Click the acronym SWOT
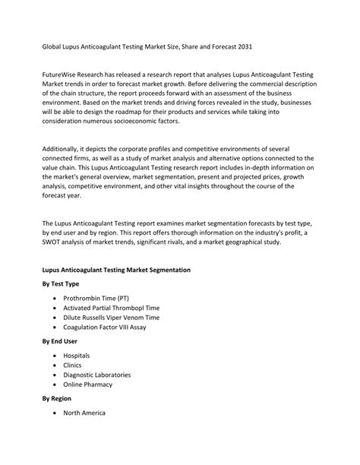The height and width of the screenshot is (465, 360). pos(53,244)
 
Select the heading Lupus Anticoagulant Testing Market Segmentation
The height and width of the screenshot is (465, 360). pos(115,270)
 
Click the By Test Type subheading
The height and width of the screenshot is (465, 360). pos(60,283)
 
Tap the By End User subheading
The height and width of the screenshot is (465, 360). pos(59,341)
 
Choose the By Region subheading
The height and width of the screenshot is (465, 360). pos(58,398)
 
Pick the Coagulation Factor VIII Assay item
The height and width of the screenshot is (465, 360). pos(105,327)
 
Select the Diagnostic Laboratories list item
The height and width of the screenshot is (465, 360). pos(97,375)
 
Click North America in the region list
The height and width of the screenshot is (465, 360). pos(84,413)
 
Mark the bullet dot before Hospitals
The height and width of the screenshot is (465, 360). pos(55,356)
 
